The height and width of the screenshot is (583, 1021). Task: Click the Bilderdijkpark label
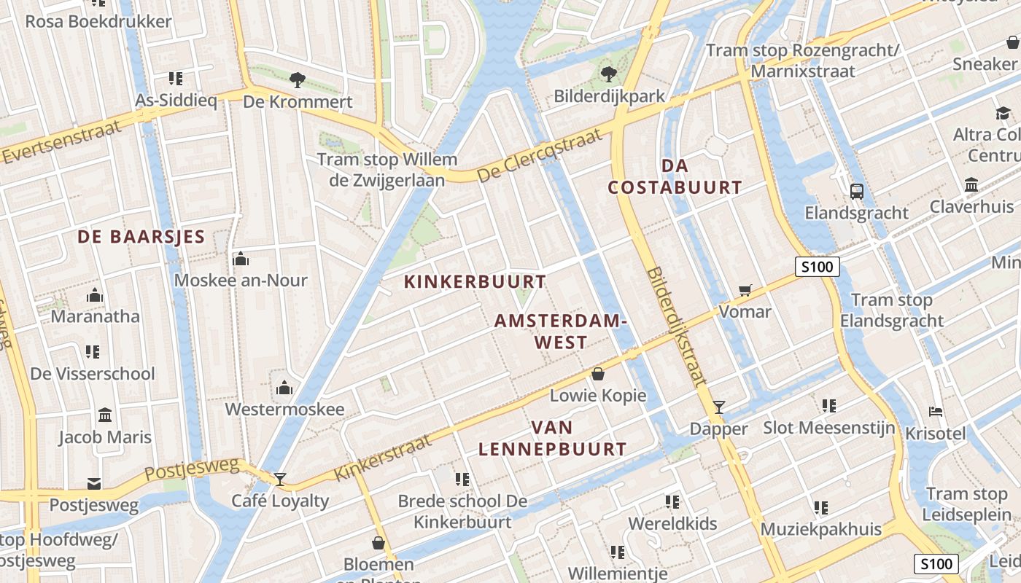point(610,96)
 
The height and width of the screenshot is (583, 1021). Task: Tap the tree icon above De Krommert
point(297,79)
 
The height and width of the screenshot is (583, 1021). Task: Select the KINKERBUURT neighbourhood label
point(475,282)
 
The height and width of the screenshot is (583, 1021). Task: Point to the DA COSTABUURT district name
point(675,176)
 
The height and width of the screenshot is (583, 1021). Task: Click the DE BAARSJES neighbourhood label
point(141,237)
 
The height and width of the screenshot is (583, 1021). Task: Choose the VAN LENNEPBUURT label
point(552,439)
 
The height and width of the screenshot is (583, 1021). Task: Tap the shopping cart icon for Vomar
point(745,291)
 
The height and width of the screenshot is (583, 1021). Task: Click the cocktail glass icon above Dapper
point(719,407)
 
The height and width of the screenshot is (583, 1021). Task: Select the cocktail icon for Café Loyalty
point(280,480)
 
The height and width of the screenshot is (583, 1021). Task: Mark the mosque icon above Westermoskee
point(284,388)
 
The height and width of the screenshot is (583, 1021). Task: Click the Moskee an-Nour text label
point(241,281)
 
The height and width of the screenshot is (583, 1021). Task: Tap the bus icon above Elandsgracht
point(857,192)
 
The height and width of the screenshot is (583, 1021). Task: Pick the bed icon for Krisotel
point(936,412)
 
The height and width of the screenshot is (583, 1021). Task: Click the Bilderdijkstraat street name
point(676,326)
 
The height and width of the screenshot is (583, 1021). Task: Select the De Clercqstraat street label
point(540,155)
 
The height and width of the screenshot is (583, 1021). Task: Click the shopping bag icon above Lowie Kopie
point(598,375)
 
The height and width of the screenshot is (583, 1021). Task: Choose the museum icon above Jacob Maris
point(105,415)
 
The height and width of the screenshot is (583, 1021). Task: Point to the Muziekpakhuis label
point(821,529)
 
